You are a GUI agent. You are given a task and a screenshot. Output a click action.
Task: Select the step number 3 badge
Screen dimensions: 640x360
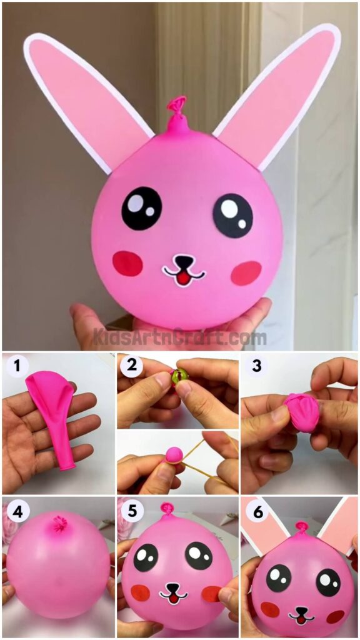[x=256, y=366]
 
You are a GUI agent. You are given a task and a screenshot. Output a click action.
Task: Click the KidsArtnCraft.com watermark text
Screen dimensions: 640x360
[x=180, y=338]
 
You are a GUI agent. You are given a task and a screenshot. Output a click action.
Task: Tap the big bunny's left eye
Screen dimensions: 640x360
[x=141, y=208]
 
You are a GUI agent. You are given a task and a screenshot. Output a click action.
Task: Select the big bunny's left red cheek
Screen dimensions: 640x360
[x=127, y=263]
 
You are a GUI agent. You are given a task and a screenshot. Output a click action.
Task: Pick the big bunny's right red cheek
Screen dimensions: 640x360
[x=246, y=272]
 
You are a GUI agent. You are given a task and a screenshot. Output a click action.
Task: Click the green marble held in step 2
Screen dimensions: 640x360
[x=179, y=376]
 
